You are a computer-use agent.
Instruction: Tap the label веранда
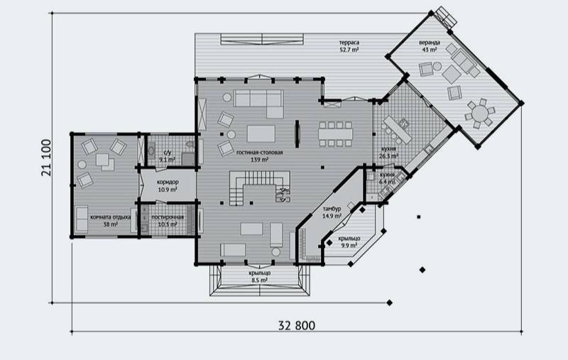click(430, 43)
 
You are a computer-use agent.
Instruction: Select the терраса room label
click(349, 44)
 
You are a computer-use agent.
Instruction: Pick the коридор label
click(168, 182)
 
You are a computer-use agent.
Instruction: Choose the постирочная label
click(168, 216)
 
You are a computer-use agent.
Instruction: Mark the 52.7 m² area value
click(349, 51)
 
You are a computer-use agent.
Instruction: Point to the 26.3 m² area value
click(388, 157)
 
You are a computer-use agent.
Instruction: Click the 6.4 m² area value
click(388, 182)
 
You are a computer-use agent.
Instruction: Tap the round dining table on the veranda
click(481, 113)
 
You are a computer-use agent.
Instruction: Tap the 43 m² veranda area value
click(430, 50)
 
